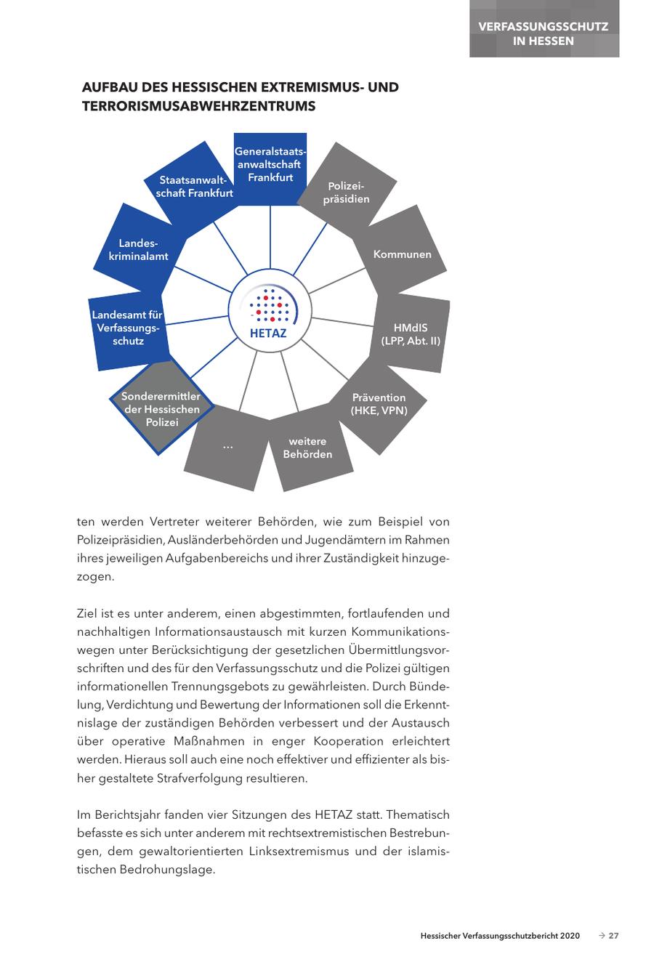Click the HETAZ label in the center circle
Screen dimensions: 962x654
(x=268, y=334)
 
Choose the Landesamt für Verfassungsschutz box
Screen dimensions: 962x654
(x=127, y=328)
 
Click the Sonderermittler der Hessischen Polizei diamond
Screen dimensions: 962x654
(x=161, y=409)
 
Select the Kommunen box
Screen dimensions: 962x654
(x=402, y=254)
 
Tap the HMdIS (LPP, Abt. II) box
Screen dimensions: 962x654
(x=411, y=334)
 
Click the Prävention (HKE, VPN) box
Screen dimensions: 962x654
(x=379, y=404)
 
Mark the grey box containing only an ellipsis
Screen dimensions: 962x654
(x=227, y=446)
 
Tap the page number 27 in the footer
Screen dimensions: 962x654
(x=613, y=936)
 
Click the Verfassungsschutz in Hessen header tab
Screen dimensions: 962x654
(x=544, y=33)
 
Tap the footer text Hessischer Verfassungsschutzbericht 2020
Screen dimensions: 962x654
(x=500, y=936)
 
